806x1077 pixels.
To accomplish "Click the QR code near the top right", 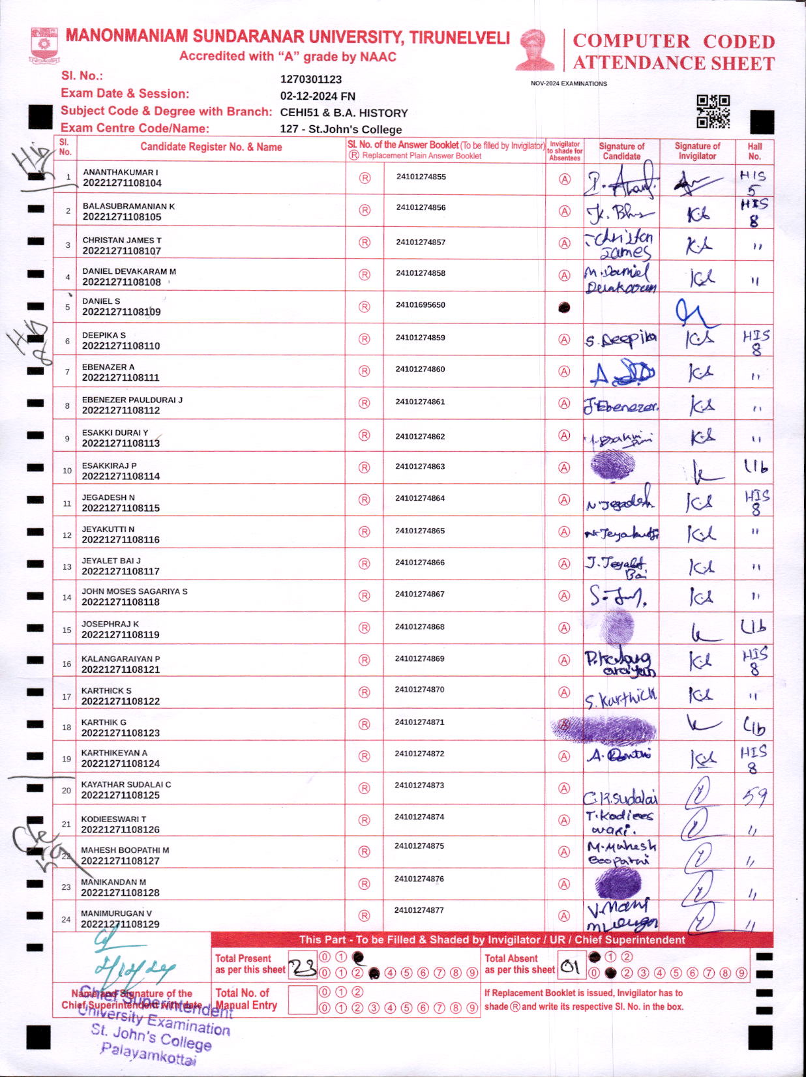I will pyautogui.click(x=713, y=111).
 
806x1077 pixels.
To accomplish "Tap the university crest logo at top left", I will pyautogui.click(x=44, y=44).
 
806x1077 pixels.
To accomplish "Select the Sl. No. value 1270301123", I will pyautogui.click(x=311, y=80).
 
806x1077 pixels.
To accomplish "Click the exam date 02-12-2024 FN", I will pyautogui.click(x=318, y=96).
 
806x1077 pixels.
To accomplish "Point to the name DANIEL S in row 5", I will pyautogui.click(x=101, y=301).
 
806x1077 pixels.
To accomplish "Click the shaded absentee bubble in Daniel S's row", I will pyautogui.click(x=565, y=307).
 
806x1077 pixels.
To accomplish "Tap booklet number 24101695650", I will pyautogui.click(x=421, y=305).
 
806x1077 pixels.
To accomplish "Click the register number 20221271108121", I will pyautogui.click(x=121, y=670).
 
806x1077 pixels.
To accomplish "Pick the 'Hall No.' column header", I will pyautogui.click(x=754, y=151).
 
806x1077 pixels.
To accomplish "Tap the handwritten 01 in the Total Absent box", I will pyautogui.click(x=571, y=967).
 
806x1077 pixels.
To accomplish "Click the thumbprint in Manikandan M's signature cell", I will pyautogui.click(x=619, y=883).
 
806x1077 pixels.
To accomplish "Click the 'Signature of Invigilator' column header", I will pyautogui.click(x=697, y=151).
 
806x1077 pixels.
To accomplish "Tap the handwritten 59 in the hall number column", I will pyautogui.click(x=754, y=795).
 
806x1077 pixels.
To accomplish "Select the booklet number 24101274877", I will pyautogui.click(x=420, y=910).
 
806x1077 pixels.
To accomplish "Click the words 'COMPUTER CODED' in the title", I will pyautogui.click(x=674, y=42).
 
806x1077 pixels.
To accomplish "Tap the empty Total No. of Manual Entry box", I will pyautogui.click(x=302, y=999).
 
